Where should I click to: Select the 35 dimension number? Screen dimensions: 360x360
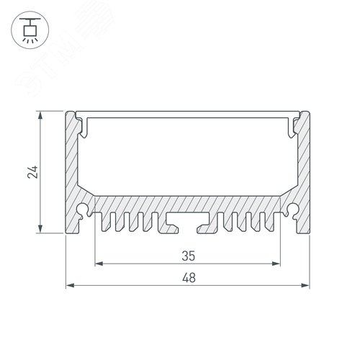point(188,255)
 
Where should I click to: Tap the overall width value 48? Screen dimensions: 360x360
point(188,276)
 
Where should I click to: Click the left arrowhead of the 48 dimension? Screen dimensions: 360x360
point(70,286)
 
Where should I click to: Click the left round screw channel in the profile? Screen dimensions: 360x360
point(84,211)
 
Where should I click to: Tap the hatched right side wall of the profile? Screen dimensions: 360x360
point(303,166)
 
